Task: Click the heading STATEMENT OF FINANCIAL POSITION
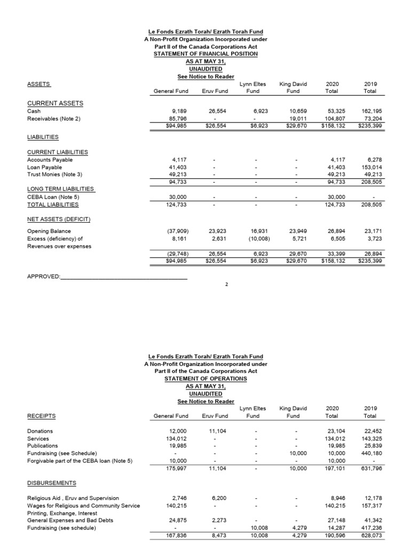coord(206,54)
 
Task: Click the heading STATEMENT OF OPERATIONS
coord(206,379)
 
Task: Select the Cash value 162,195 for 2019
coord(369,111)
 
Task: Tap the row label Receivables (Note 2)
coord(53,119)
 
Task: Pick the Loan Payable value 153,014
coord(369,167)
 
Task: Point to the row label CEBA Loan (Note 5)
coord(53,197)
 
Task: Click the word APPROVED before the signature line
coord(43,277)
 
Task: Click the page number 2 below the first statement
coord(226,284)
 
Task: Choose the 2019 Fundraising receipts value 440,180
coord(369,453)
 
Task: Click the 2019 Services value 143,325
coord(369,438)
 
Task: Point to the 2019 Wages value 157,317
coord(369,505)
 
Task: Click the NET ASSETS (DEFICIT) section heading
coord(59,220)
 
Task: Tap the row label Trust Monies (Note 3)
coord(53,175)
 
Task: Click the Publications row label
coord(42,446)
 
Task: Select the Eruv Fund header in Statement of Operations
coord(215,416)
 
